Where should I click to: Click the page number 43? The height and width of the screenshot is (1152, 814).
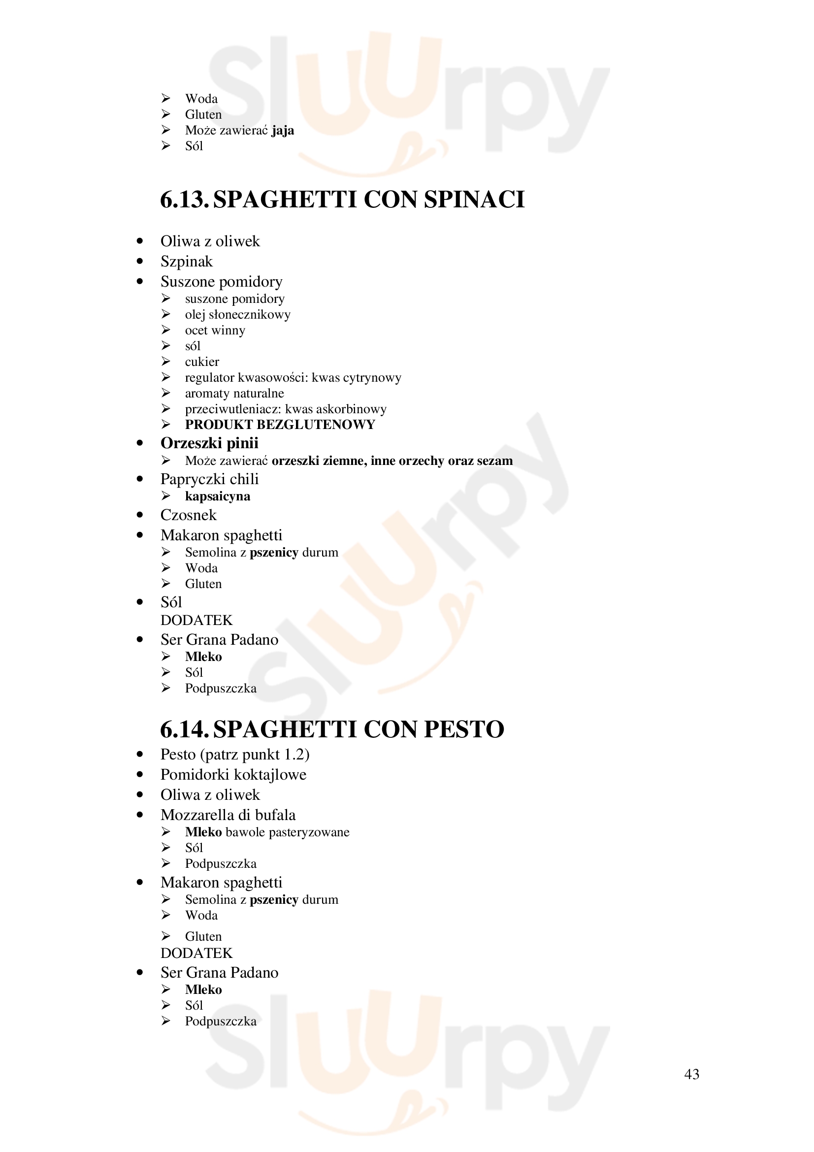pos(691,1074)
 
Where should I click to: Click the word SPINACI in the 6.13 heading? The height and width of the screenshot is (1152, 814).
pos(474,199)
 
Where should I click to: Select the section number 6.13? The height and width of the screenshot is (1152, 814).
pos(184,199)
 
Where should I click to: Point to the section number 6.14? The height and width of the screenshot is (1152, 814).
pos(184,729)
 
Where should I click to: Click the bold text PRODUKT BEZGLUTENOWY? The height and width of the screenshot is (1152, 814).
pos(280,425)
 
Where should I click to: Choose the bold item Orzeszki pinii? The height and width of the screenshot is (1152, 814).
pos(209,443)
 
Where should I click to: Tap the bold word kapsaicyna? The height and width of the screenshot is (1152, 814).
pos(217,496)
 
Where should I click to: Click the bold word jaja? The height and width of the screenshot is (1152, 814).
pos(283,131)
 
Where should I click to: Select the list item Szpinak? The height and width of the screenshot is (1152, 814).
pos(187,262)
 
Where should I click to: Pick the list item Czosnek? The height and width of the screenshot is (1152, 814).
pos(189,515)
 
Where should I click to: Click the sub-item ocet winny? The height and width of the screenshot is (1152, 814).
pos(215,330)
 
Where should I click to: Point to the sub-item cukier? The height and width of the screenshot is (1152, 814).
pos(202,362)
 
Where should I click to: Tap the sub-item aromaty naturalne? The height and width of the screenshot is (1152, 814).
pos(234,394)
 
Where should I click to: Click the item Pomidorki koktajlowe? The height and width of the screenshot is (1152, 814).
pos(233,775)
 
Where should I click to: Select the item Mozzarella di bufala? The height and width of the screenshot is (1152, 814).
pos(228,815)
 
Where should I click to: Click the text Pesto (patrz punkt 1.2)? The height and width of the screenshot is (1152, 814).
pos(235,755)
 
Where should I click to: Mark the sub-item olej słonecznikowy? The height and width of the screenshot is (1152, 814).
pos(238,315)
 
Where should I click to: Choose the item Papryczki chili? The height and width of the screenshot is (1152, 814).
pos(209,479)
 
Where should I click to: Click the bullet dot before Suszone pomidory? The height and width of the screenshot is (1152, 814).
pos(140,282)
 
